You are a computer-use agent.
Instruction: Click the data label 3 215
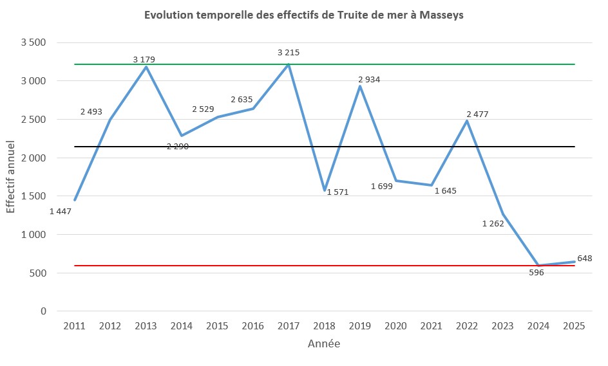pos(289,52)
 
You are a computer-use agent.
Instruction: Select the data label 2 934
pos(370,79)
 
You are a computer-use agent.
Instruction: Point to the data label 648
pos(584,259)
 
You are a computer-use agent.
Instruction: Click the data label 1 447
pos(60,211)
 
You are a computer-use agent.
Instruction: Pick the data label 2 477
pos(478,114)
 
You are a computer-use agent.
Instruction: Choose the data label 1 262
pos(493,224)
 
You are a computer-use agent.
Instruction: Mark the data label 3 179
pos(144,60)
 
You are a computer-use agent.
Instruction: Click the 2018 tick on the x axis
pos(324,326)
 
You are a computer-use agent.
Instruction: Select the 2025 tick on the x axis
pos(574,326)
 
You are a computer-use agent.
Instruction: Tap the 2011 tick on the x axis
pos(75,326)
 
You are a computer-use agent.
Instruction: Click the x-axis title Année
pos(323,344)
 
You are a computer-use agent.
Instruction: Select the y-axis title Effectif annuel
pos(10,177)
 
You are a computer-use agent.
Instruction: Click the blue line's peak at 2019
pos(360,86)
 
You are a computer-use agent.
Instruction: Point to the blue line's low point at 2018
pos(325,190)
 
